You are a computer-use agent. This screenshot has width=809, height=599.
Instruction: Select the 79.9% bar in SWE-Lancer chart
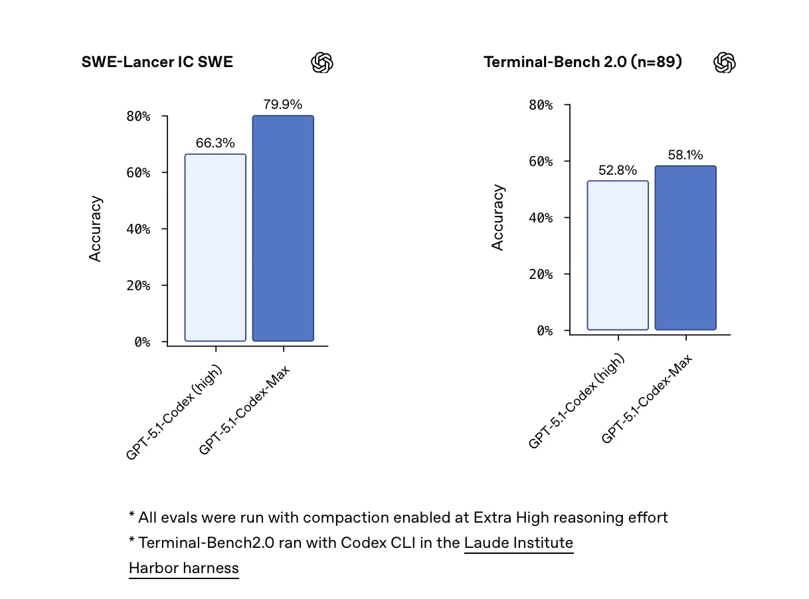click(283, 228)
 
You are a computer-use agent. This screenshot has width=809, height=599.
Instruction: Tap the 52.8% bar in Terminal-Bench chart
click(618, 255)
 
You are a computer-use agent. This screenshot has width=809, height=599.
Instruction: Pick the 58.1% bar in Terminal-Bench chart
click(685, 248)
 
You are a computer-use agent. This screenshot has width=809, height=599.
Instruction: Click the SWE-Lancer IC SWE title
click(157, 62)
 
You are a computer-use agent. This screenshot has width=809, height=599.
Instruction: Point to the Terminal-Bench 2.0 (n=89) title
click(583, 62)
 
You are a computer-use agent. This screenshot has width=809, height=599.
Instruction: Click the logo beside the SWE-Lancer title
click(322, 63)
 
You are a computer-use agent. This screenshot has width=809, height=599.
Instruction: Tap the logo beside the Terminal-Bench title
click(725, 63)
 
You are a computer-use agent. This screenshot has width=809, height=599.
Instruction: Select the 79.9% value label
click(283, 104)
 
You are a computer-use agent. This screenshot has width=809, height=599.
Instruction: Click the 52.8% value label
click(618, 170)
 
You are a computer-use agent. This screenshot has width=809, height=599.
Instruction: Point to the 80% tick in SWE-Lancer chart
click(138, 116)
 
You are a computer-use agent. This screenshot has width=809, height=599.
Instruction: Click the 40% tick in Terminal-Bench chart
click(541, 218)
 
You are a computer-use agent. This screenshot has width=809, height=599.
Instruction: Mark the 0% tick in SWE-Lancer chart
click(142, 342)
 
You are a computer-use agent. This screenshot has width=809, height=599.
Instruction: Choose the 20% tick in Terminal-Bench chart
click(541, 274)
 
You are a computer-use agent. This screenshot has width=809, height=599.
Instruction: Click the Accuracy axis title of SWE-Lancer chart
click(96, 228)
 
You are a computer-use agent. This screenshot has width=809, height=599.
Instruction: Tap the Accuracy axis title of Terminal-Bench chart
click(498, 217)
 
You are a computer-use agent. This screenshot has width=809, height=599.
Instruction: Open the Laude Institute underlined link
click(519, 543)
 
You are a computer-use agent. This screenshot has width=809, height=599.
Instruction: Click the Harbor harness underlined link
click(183, 568)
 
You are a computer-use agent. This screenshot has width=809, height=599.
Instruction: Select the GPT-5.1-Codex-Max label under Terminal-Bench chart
click(646, 399)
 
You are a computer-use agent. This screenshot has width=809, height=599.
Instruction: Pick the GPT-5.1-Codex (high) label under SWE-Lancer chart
click(174, 412)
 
